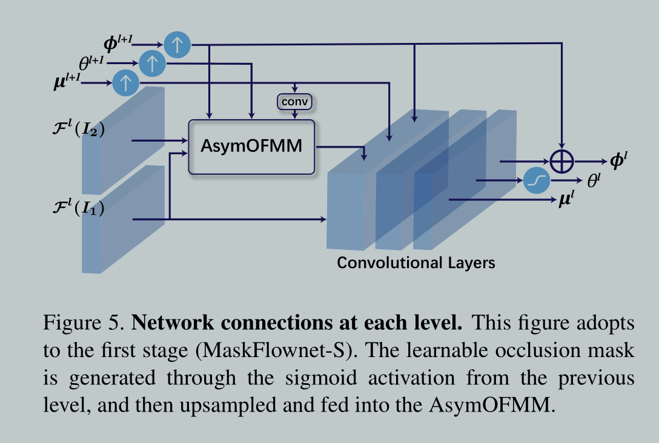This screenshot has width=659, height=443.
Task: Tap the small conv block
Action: pyautogui.click(x=294, y=102)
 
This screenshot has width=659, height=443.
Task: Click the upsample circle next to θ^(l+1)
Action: pyautogui.click(x=152, y=63)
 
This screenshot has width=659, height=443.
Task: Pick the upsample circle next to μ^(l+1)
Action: pyautogui.click(x=126, y=82)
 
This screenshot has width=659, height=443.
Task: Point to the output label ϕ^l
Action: pyautogui.click(x=620, y=162)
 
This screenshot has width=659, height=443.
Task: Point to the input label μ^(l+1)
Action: pyautogui.click(x=67, y=82)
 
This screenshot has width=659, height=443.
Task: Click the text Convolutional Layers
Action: pyautogui.click(x=416, y=263)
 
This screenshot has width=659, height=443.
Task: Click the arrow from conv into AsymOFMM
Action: pyautogui.click(x=294, y=115)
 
